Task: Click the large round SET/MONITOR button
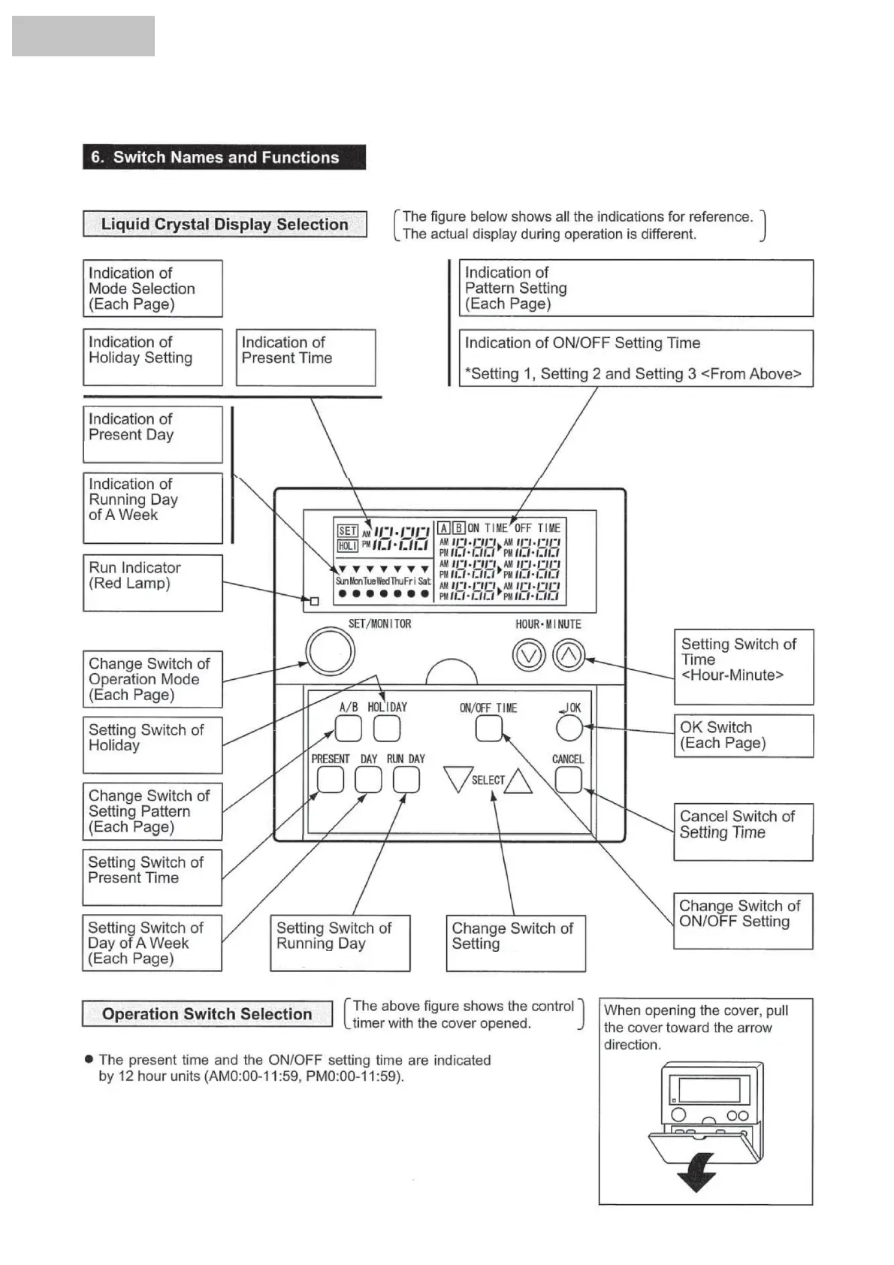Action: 330,651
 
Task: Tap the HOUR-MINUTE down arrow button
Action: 528,656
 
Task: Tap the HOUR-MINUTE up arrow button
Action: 569,656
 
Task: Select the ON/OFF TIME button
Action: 488,729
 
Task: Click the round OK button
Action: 569,727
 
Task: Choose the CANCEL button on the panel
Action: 568,780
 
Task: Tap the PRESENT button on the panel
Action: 330,780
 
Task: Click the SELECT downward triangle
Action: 458,778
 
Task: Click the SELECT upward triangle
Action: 518,782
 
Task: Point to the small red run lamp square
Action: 315,601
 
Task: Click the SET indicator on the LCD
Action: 347,530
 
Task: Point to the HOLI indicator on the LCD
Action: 347,546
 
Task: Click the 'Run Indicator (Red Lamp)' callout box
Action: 153,582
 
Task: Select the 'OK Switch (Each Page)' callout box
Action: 743,735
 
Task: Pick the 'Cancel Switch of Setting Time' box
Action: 743,832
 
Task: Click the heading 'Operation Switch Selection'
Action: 207,1013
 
